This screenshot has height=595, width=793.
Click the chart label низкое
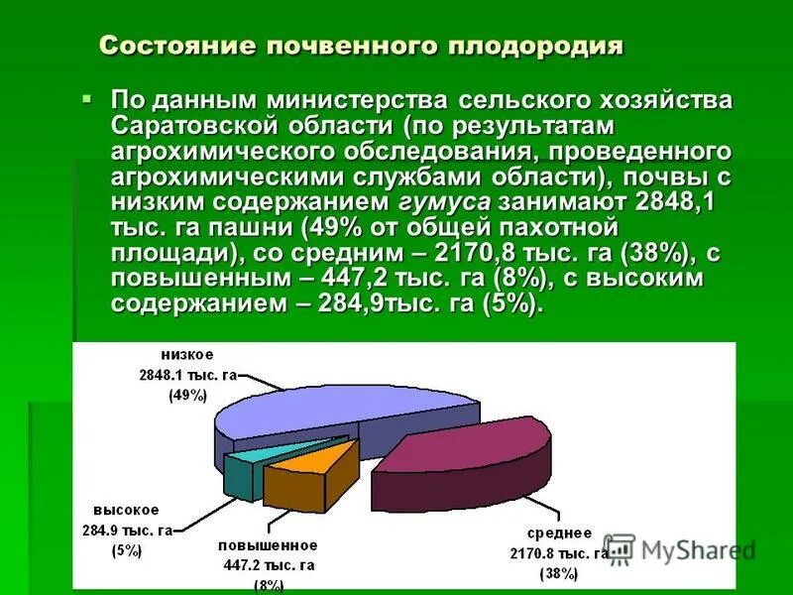click(188, 355)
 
